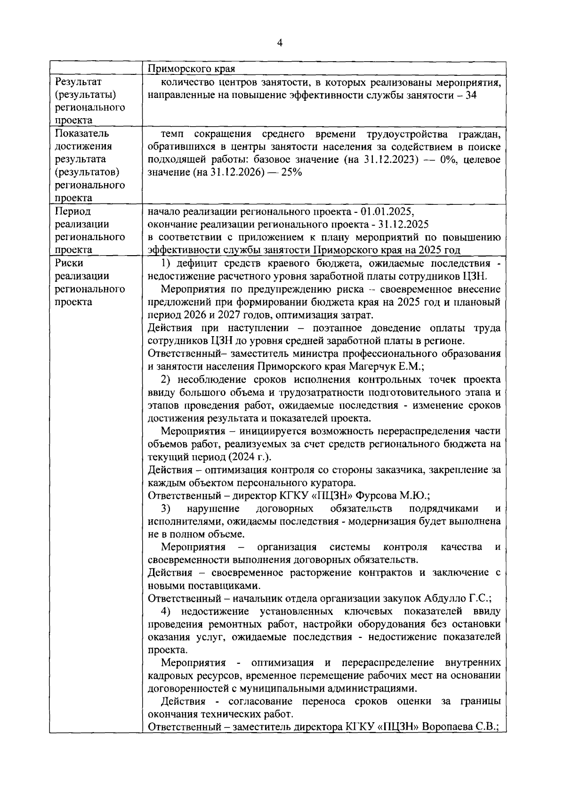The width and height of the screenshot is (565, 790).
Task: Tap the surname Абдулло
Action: (x=449, y=598)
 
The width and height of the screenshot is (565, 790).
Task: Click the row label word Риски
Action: (x=69, y=263)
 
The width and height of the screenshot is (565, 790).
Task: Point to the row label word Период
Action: (x=73, y=211)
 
